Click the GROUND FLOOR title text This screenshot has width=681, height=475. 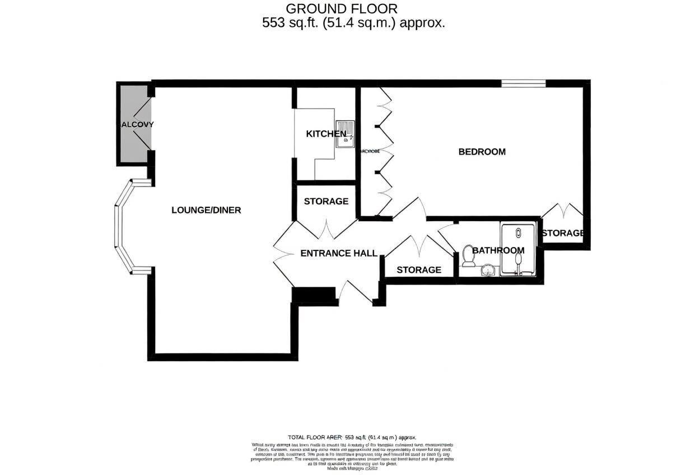tap(342, 8)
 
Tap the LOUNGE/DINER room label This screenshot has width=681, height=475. tap(206, 210)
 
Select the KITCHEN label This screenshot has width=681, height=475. tap(325, 134)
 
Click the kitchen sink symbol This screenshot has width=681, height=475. tap(345, 134)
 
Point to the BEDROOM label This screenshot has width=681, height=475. tap(482, 152)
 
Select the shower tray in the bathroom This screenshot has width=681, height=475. tap(519, 249)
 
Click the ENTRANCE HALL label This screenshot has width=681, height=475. tap(338, 253)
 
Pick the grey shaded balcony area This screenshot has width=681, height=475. tap(133, 124)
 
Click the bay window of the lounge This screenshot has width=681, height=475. tap(126, 227)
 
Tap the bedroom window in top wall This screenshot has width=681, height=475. tap(523, 83)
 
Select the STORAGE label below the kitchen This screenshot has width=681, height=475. tap(326, 201)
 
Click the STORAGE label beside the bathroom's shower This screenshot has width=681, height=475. tap(563, 233)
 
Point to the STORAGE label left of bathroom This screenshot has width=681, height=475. tap(419, 270)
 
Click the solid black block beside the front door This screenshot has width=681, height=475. tap(314, 295)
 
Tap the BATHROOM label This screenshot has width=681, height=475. tap(498, 250)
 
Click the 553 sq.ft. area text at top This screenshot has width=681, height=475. tap(353, 23)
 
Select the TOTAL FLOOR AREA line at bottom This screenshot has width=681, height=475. tap(352, 437)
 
